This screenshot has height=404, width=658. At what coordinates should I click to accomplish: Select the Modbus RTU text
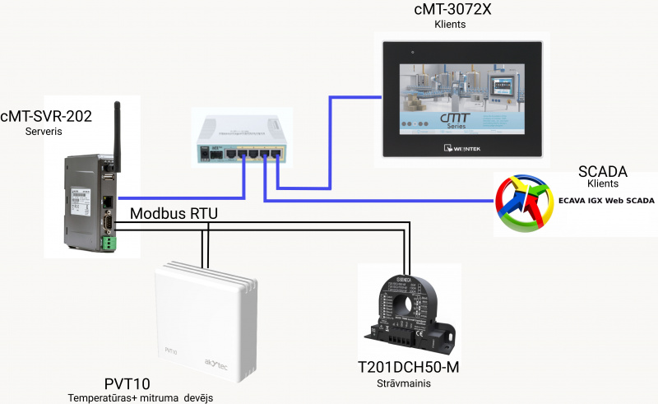point(174,213)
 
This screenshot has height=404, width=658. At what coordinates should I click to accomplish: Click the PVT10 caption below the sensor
point(127,383)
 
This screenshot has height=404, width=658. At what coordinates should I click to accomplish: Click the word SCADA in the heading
point(603,171)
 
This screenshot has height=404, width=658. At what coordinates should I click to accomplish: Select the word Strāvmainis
point(404,383)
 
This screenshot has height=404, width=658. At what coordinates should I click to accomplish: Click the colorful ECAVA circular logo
point(526,201)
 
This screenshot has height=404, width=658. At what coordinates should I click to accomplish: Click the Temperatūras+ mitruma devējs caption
point(140,397)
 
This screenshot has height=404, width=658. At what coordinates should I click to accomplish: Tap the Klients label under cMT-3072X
point(450,25)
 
